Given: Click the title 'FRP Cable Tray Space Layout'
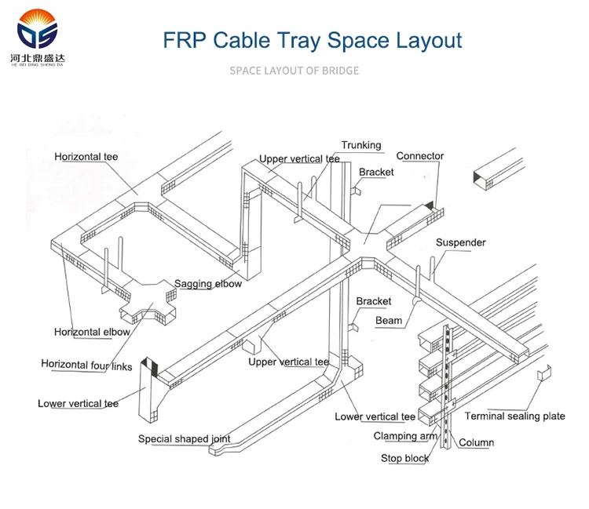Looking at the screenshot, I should (x=313, y=40).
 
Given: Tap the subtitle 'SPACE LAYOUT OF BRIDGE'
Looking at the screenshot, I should (x=294, y=71).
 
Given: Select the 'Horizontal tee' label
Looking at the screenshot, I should (x=86, y=157).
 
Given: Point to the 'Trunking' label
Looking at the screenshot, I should (x=360, y=145).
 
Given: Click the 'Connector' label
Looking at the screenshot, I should (x=419, y=156).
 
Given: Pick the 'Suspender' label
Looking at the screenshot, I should (x=460, y=242).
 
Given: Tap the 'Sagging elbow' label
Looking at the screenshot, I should (x=207, y=284).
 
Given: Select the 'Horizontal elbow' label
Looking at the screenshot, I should (x=92, y=332).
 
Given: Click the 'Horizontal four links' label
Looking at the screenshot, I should (x=86, y=364).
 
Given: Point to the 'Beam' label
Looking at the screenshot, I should (x=389, y=320).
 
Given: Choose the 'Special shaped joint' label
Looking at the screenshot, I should (x=185, y=439).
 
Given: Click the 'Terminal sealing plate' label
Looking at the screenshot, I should (x=514, y=416).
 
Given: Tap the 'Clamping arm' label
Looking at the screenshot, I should (x=405, y=436).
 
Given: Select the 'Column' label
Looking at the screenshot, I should (x=476, y=442).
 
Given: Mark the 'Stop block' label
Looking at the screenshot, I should (x=405, y=458).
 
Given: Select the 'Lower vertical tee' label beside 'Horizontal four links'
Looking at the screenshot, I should (x=78, y=403).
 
